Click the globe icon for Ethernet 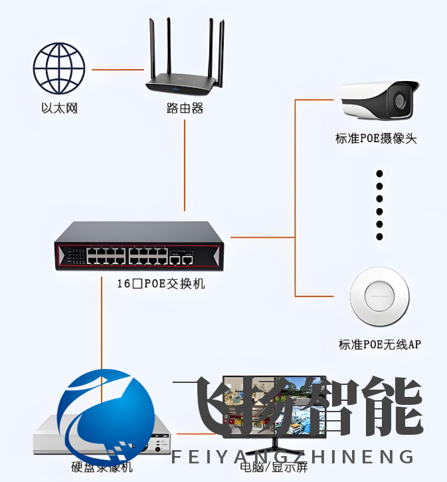click(59, 68)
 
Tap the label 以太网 click(59, 108)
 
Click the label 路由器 click(185, 108)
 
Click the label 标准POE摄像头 click(377, 139)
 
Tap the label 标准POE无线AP click(379, 344)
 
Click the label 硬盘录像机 click(102, 467)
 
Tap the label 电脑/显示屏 click(274, 467)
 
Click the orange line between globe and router click(118, 69)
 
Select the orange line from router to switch click(184, 166)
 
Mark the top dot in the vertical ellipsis click(380, 173)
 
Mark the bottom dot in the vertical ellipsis click(380, 236)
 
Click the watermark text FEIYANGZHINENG click(292, 457)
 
